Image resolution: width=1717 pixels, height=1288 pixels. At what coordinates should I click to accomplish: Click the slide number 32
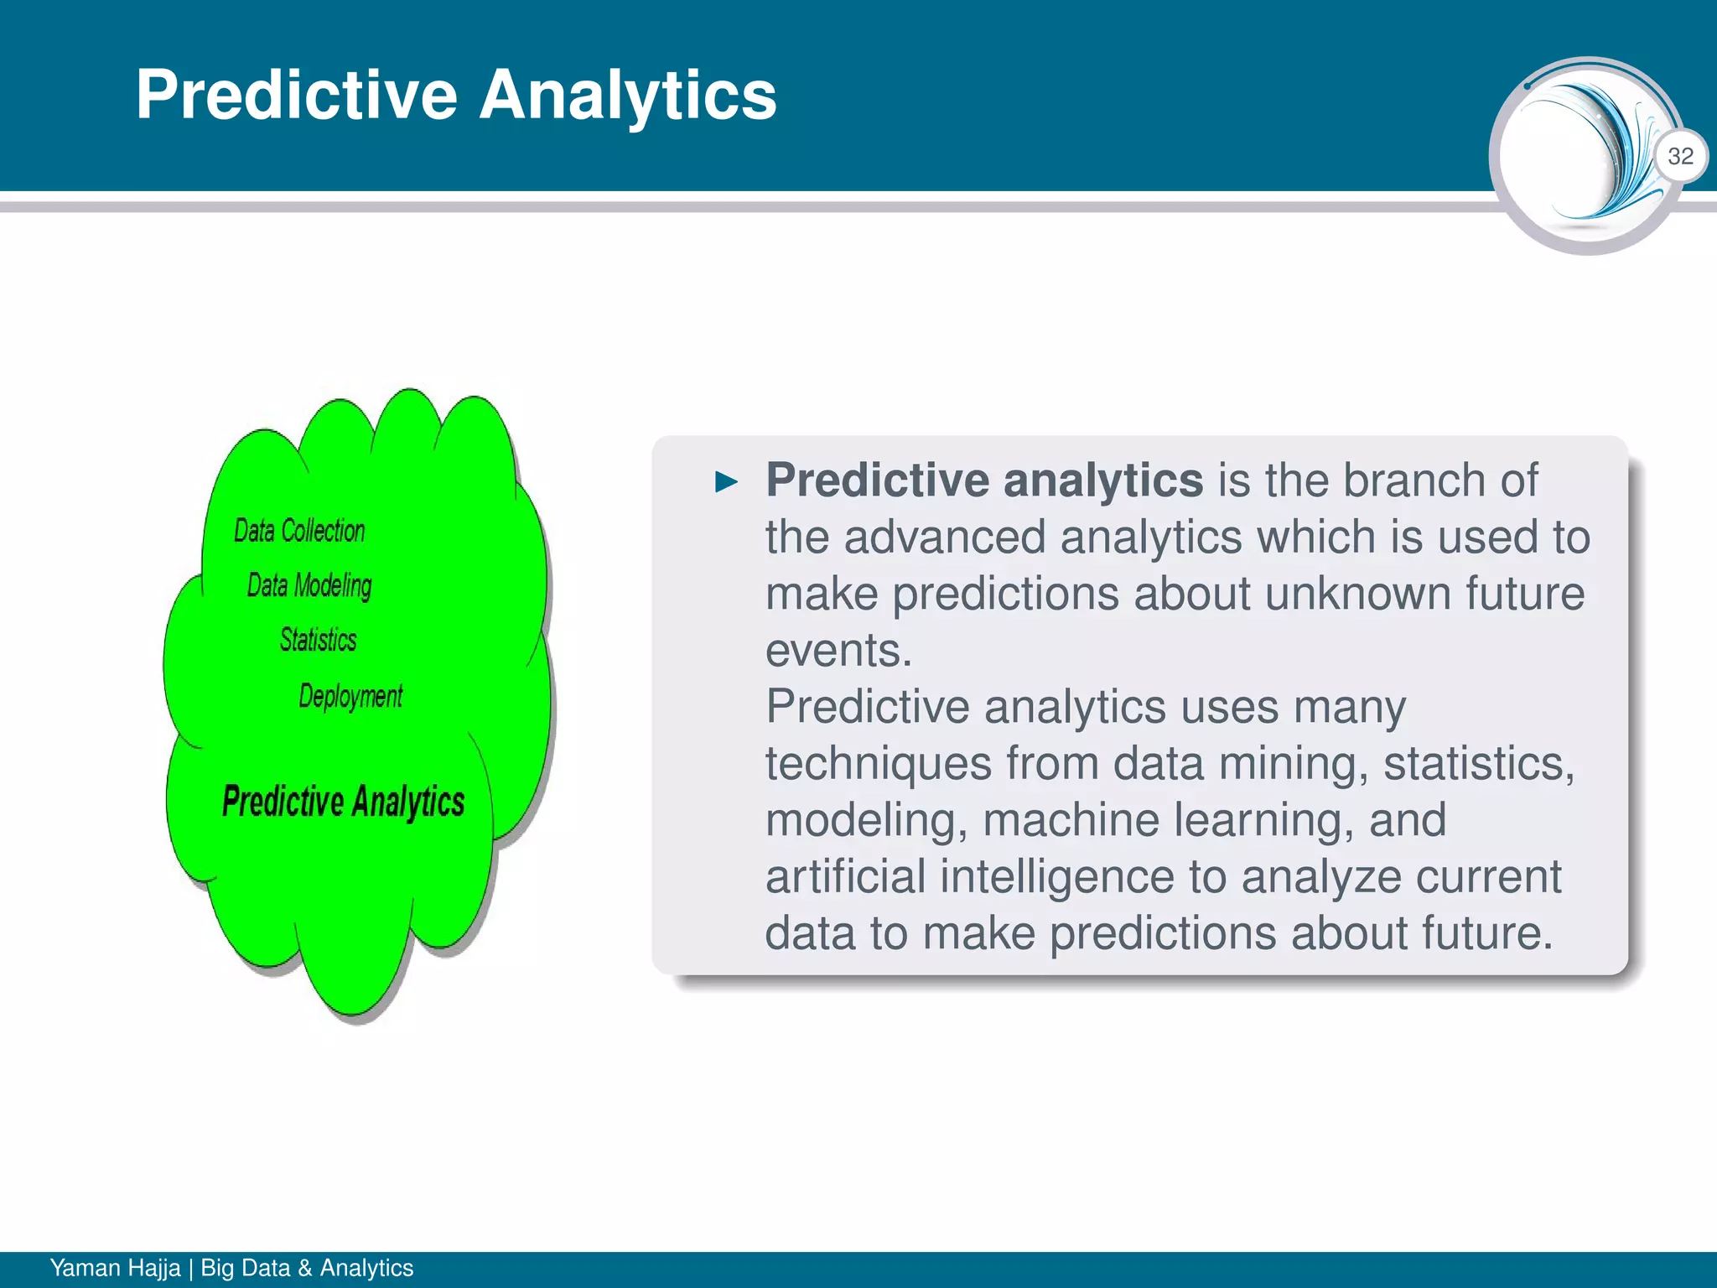tap(1680, 156)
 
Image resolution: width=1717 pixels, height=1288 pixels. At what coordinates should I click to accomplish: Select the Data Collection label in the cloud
tap(299, 531)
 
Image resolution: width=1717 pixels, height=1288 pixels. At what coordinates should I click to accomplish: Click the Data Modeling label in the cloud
tap(309, 585)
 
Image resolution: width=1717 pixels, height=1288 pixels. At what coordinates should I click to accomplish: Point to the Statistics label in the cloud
tap(319, 640)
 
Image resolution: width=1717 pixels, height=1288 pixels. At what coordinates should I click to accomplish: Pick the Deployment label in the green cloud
tap(350, 696)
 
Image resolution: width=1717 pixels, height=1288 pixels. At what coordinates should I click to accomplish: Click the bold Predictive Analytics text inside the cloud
tap(343, 802)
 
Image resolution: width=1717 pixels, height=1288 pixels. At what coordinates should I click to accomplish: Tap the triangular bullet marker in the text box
tap(726, 482)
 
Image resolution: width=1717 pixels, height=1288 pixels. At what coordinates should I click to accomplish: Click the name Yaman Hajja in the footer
tap(115, 1268)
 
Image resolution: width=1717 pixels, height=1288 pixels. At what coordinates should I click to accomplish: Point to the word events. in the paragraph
tap(838, 650)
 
